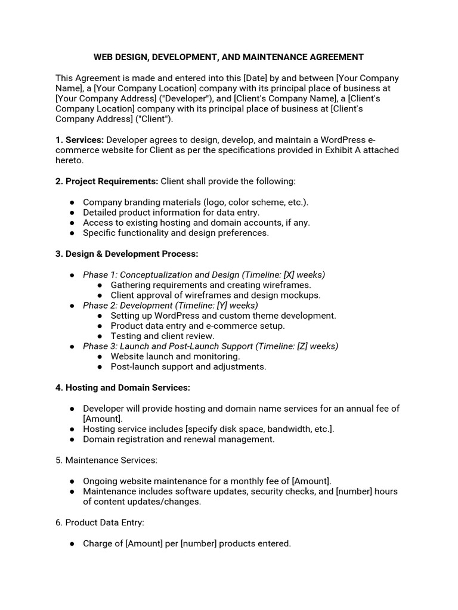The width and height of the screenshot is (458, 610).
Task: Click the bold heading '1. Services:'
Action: click(x=80, y=140)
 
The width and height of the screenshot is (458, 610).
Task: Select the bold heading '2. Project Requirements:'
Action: click(x=107, y=181)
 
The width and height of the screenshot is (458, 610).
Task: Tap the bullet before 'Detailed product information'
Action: click(x=72, y=212)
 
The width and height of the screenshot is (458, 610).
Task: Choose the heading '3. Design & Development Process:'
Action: click(x=126, y=254)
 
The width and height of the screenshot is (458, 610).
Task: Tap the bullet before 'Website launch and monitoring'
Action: click(x=100, y=356)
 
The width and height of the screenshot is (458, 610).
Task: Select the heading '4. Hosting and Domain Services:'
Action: click(x=123, y=388)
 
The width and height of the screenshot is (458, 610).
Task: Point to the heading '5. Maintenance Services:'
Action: click(x=106, y=460)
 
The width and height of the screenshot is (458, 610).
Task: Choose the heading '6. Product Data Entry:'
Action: click(x=100, y=522)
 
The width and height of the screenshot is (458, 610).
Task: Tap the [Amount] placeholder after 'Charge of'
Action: click(x=146, y=543)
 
